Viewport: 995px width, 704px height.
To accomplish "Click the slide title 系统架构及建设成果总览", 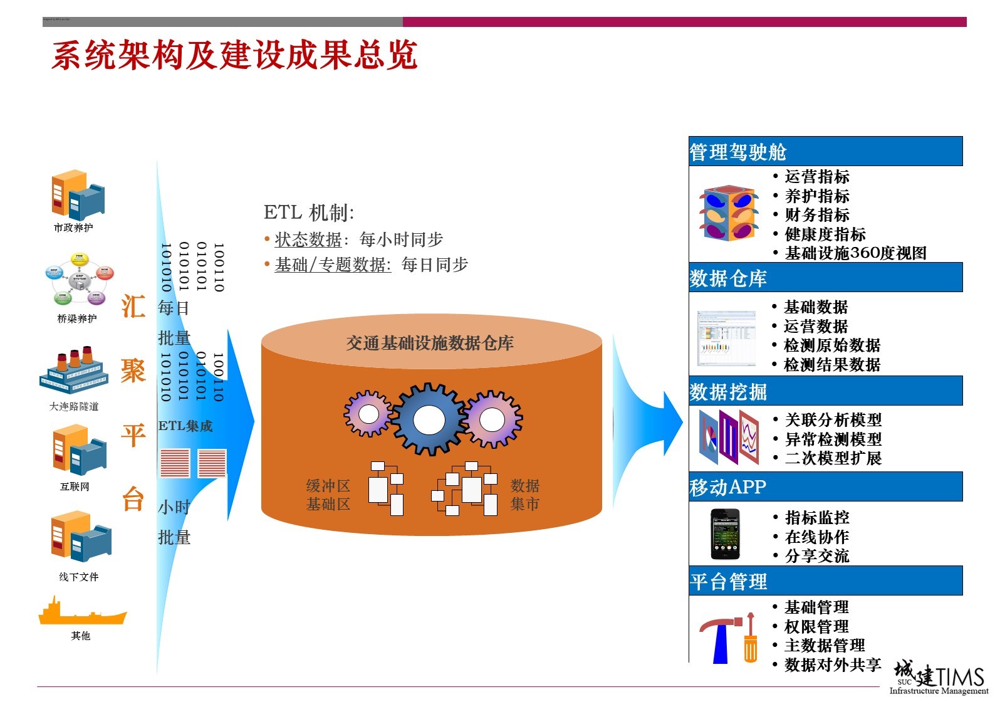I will (234, 55).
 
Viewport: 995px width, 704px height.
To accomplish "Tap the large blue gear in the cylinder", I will (429, 419).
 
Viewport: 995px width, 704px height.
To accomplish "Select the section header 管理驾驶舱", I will (737, 152).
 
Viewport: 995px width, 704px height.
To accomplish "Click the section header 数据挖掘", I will (728, 392).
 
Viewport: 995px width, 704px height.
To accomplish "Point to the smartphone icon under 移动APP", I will (725, 534).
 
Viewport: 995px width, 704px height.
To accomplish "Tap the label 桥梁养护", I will (77, 318).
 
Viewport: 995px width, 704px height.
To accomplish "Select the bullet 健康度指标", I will (825, 234).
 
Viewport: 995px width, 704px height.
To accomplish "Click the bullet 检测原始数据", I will (832, 345).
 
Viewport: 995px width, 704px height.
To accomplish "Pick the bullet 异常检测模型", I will (833, 439).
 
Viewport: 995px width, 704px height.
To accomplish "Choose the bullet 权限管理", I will (816, 626).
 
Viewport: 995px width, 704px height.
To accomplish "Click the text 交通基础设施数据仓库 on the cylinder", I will (430, 343).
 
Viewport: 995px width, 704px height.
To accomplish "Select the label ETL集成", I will (185, 426).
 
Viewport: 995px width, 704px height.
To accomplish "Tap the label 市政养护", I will (73, 228).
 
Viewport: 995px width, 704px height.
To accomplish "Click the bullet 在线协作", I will (816, 537).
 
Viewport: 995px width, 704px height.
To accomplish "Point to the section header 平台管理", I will (728, 582).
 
